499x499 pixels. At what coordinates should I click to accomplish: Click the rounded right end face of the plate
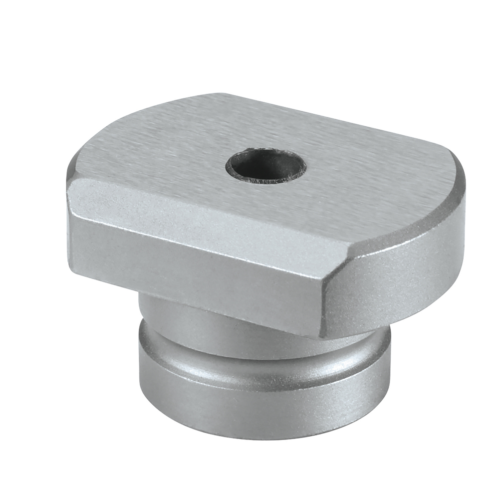[x=399, y=279]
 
